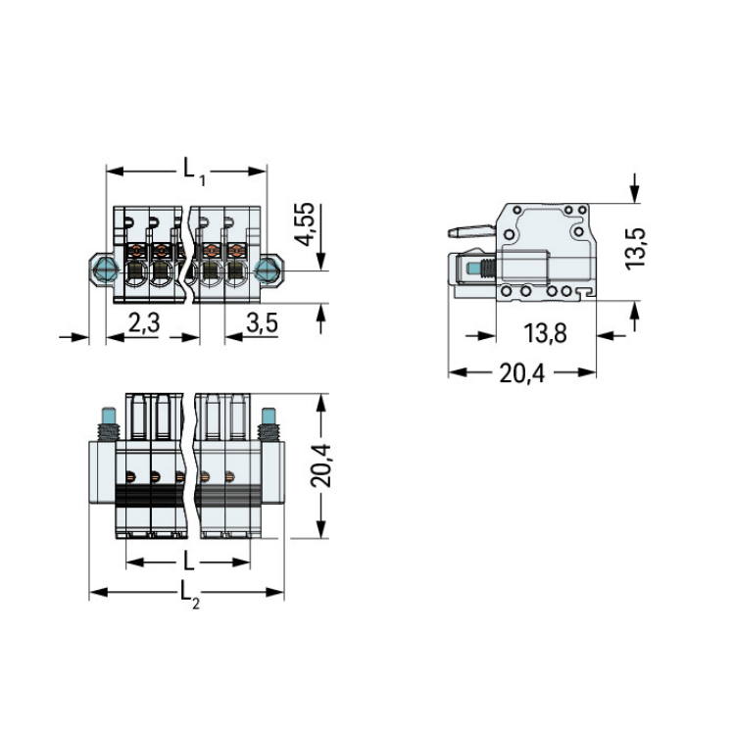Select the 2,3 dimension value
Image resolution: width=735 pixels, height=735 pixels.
pyautogui.click(x=144, y=322)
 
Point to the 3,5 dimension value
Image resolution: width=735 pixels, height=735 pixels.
pyautogui.click(x=262, y=323)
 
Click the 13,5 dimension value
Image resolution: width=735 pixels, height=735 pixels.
pyautogui.click(x=636, y=249)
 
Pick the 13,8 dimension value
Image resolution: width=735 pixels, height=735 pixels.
pyautogui.click(x=545, y=333)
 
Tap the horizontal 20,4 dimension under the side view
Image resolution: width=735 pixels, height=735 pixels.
pyautogui.click(x=522, y=373)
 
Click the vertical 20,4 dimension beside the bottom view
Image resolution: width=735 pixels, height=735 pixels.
pyautogui.click(x=321, y=465)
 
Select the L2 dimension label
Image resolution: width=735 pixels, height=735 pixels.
pyautogui.click(x=190, y=595)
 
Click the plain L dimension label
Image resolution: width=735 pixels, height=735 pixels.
pyautogui.click(x=188, y=562)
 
